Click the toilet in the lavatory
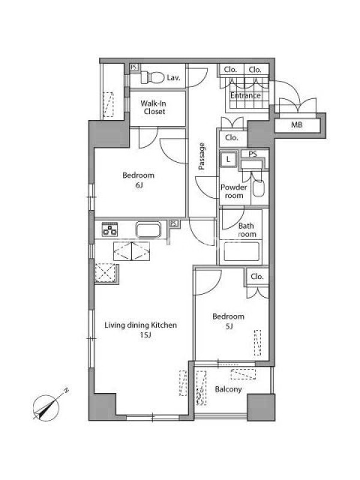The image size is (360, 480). pos(152,78)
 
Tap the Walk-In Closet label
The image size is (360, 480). pos(154,107)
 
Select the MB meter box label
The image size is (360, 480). pos(296,125)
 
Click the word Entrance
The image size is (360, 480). pos(245,95)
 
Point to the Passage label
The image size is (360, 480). pos(202,156)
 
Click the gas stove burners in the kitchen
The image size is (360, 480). pos(110,229)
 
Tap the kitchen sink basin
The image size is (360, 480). pos(148,230)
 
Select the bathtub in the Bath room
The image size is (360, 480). pos(242,251)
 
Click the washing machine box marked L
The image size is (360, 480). pos(228,159)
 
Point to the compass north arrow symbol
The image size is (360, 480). pos(47,407)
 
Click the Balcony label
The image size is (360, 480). pos(229,389)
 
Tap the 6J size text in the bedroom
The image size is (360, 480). pos(139,185)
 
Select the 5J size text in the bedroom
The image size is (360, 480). pos(229,326)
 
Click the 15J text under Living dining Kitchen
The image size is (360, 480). pos(145,335)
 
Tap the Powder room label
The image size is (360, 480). pos(234,191)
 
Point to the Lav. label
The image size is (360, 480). pos(173,78)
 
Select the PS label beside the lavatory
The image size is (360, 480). pos(134,67)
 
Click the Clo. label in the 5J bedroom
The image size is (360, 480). pos(257,277)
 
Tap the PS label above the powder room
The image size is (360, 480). pos(253,154)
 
